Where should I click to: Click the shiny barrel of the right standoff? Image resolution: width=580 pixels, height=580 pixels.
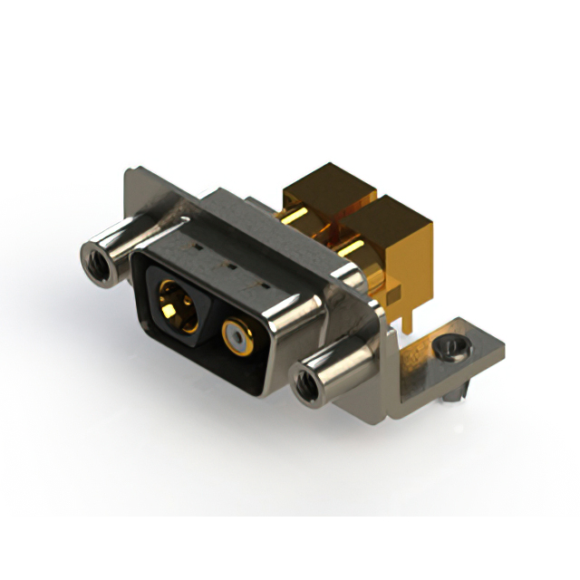pyautogui.click(x=340, y=366)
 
